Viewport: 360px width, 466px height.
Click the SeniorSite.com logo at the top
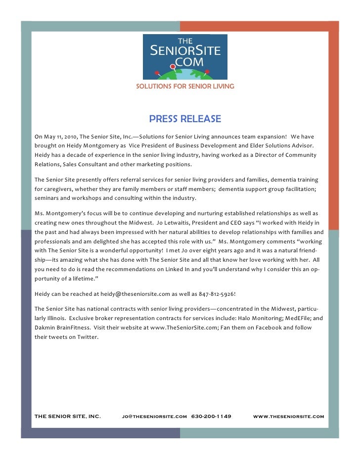pyautogui.click(x=185, y=57)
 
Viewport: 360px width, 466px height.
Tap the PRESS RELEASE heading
pyautogui.click(x=185, y=119)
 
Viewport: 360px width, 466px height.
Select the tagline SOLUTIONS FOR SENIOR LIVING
pyautogui.click(x=185, y=87)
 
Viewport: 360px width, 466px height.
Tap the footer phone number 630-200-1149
pyautogui.click(x=211, y=416)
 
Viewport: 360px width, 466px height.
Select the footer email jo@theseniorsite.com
pyautogui.click(x=154, y=417)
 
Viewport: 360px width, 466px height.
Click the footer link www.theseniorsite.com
pyautogui.click(x=288, y=417)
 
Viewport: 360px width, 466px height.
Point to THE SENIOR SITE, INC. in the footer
pyautogui.click(x=68, y=417)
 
